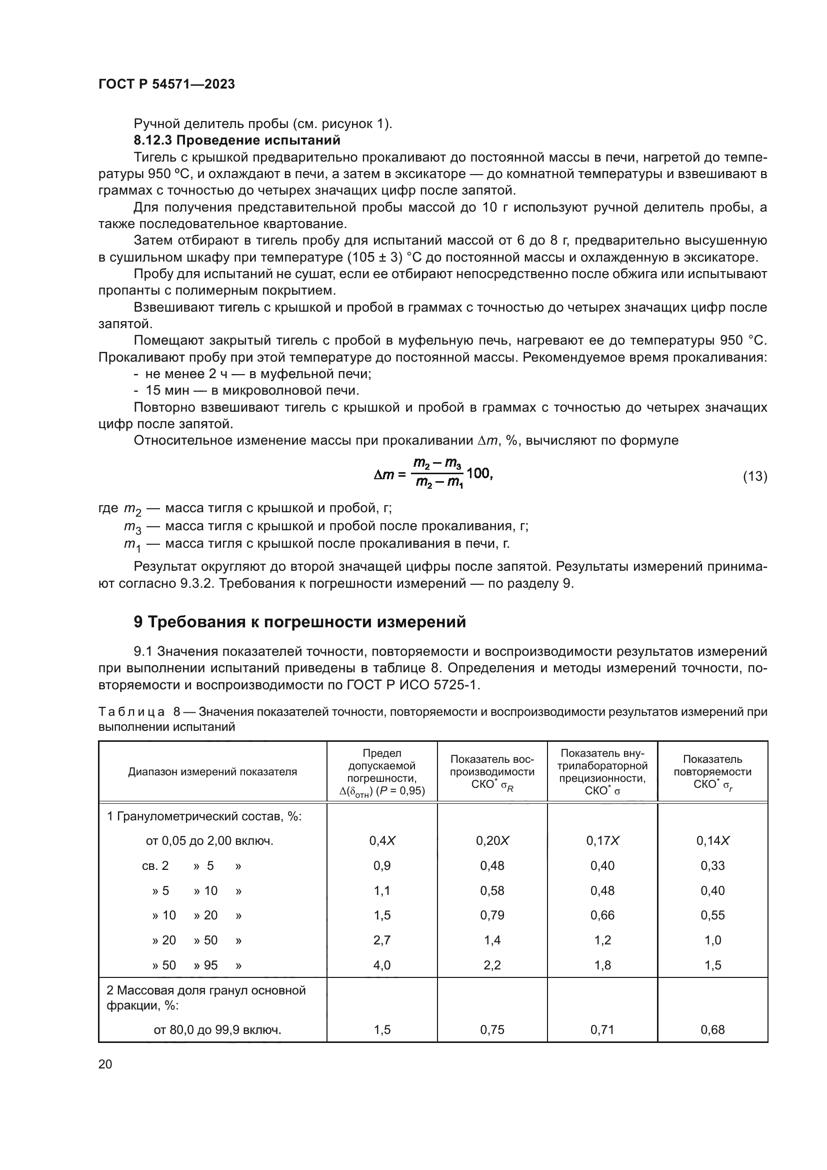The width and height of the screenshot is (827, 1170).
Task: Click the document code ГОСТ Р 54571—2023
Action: tap(166, 85)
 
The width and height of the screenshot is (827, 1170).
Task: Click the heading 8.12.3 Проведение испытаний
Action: tap(237, 140)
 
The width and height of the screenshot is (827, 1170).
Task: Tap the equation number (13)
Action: tap(754, 477)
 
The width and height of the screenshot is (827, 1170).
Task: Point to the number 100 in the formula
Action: tap(478, 473)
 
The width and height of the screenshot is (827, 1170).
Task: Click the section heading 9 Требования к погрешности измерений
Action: tap(299, 622)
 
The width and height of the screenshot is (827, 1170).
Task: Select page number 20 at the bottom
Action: tap(105, 1064)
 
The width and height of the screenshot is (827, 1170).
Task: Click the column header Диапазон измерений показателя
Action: tap(212, 771)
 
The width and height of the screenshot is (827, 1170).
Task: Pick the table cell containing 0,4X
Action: tap(382, 841)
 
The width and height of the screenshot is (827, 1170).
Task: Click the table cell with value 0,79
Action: tap(492, 915)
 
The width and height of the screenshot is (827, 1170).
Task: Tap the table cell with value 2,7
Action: tap(382, 940)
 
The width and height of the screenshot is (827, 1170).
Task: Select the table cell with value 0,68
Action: tap(712, 1030)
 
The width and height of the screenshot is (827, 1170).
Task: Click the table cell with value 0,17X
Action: tap(602, 841)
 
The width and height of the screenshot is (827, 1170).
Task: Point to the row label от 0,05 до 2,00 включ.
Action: tap(209, 841)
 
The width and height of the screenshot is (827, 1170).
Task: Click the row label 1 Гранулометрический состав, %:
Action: tap(204, 816)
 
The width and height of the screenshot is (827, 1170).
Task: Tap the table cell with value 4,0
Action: tap(382, 965)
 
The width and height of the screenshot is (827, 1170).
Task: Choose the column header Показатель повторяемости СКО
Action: tap(712, 771)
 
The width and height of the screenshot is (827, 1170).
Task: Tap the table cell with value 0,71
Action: tap(602, 1030)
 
